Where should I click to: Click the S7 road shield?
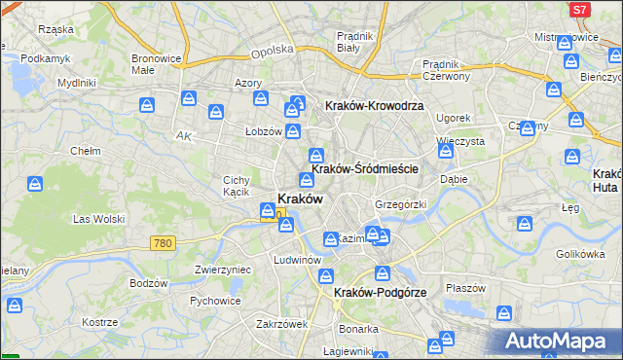[580, 10]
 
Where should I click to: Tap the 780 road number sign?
[163, 242]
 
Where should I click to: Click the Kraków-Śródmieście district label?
[365, 168]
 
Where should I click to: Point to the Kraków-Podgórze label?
[375, 292]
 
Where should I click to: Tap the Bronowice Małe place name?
[156, 64]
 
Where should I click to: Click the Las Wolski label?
[99, 219]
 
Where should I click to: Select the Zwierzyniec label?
[223, 270]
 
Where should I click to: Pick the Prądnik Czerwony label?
[447, 70]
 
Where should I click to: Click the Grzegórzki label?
[401, 204]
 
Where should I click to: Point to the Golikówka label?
[581, 254]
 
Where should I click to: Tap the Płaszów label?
[465, 288]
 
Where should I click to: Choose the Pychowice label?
[215, 301]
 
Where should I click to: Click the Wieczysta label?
[461, 141]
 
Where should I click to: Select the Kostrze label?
[99, 321]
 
